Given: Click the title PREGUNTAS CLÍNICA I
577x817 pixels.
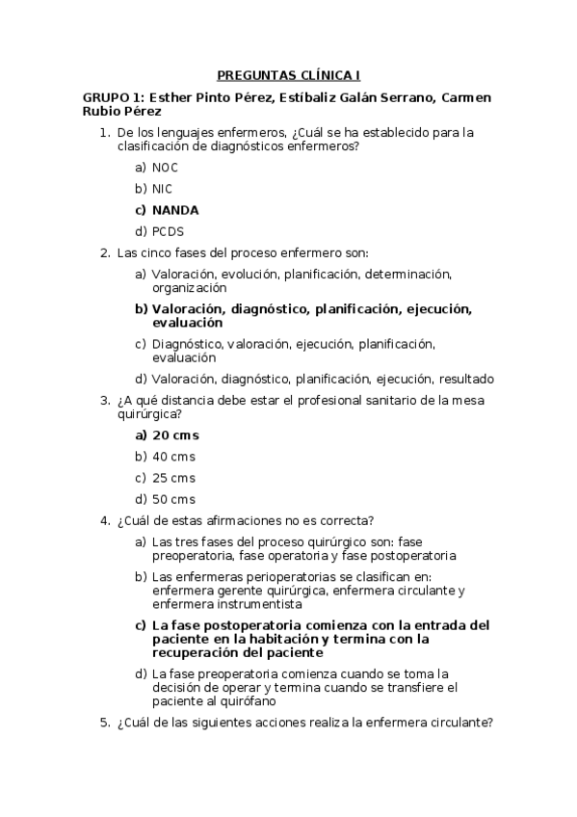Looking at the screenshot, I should point(288,74).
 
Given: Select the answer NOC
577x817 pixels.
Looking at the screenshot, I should point(166,167).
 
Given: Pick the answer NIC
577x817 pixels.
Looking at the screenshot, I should point(163,188).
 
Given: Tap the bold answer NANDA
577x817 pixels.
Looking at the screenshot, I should point(175,209).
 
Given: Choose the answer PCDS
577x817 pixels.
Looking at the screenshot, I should point(168,231).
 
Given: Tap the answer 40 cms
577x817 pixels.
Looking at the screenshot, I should point(173,457).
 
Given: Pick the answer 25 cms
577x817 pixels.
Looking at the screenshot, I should point(173,478).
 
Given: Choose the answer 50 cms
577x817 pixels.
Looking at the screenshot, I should point(173,499).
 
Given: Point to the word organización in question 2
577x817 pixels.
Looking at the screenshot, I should point(189,287).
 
